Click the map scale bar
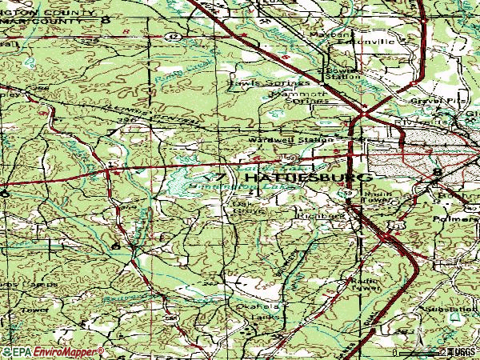pos(420,351)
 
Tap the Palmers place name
pos(453,215)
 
